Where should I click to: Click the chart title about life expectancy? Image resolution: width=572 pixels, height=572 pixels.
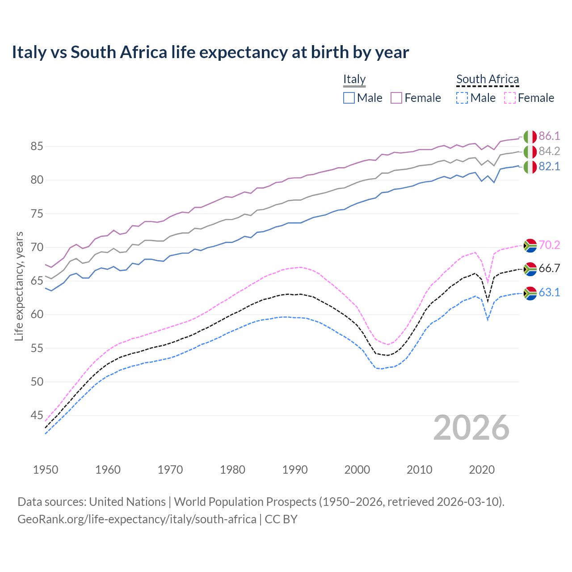(210, 52)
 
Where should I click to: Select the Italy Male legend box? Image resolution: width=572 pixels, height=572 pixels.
(349, 98)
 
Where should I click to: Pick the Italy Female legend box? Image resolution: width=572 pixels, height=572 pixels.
(396, 98)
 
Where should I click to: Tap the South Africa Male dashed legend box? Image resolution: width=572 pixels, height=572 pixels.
(462, 98)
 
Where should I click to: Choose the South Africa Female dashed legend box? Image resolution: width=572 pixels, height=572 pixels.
(509, 98)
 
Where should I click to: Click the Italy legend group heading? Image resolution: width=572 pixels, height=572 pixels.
(354, 79)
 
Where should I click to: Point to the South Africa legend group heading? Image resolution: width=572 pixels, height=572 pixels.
(488, 79)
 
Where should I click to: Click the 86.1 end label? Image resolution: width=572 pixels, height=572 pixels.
(549, 136)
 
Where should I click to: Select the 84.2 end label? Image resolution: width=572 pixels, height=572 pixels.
(549, 151)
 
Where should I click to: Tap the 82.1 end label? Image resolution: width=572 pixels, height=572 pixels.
(549, 166)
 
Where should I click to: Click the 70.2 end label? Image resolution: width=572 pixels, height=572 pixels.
(549, 245)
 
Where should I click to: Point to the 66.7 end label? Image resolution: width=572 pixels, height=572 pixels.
(549, 268)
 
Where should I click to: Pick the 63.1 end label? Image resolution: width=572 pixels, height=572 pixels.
(549, 292)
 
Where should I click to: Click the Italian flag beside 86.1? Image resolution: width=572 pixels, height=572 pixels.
(530, 136)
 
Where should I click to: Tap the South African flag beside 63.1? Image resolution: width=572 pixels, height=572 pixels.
(530, 293)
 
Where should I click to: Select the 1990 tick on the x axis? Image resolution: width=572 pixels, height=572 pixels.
(295, 470)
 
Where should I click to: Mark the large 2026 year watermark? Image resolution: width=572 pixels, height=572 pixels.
(471, 428)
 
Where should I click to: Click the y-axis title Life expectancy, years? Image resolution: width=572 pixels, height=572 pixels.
(19, 286)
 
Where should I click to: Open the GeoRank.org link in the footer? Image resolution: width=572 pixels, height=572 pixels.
(137, 519)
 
